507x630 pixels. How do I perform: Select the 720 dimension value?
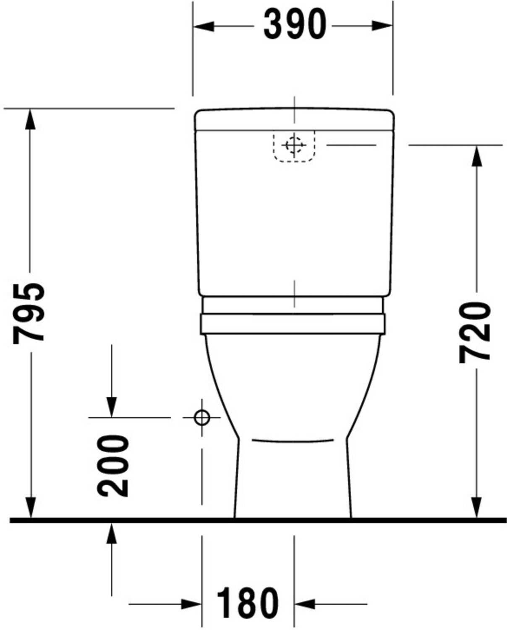475,333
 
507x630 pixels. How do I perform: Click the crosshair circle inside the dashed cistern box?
294,145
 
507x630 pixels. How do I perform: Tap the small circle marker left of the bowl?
202,418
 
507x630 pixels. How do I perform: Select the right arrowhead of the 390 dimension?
382,26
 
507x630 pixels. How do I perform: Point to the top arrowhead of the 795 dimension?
30,119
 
